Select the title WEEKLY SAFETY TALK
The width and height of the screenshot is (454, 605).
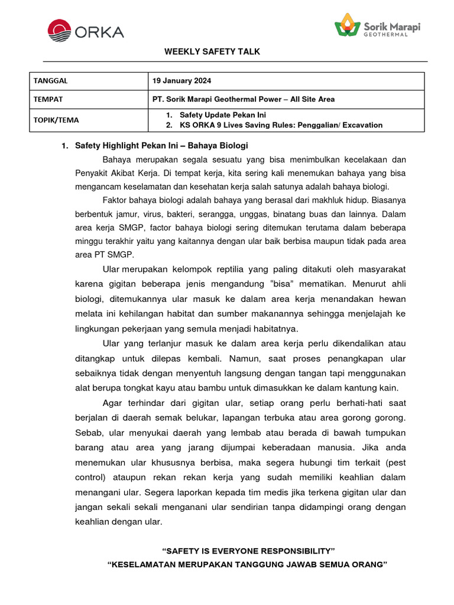(x=212, y=52)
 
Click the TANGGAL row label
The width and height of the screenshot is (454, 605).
(x=50, y=81)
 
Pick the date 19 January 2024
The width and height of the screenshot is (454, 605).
(x=181, y=81)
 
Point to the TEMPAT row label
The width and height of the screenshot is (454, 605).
(x=48, y=99)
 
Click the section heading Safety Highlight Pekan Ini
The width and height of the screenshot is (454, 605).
(x=161, y=145)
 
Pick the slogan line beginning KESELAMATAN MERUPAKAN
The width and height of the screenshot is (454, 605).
(x=247, y=565)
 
